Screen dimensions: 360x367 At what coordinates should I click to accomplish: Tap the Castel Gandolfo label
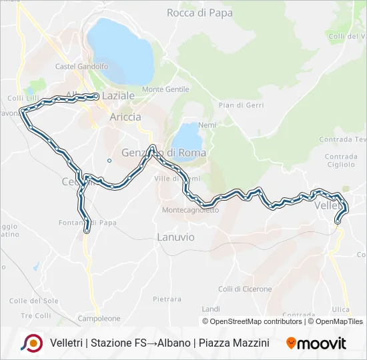coord(81,67)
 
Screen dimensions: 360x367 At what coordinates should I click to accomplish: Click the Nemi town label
coord(208,125)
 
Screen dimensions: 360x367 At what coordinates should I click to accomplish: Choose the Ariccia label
coord(125,117)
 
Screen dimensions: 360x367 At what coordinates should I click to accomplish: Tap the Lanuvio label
coord(175,237)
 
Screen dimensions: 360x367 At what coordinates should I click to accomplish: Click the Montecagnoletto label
coord(190,210)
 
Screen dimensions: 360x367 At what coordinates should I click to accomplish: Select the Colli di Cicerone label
coord(245,289)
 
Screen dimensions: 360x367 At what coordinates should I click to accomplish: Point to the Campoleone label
coord(98,319)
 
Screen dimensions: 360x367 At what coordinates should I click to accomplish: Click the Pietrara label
coord(167,299)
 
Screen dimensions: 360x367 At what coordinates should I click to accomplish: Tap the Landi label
coord(211,309)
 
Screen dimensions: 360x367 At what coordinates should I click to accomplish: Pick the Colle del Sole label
coord(34,301)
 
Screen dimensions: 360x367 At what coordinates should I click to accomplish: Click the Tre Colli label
coord(35,315)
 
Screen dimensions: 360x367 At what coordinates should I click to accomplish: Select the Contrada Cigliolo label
coord(341,161)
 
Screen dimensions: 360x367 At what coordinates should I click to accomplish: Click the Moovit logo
coord(316,343)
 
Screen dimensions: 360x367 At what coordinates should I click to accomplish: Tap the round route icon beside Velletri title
coord(31,343)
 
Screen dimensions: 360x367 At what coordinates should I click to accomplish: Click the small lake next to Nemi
coord(188,137)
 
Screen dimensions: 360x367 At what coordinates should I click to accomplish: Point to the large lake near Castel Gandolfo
coord(120,50)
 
